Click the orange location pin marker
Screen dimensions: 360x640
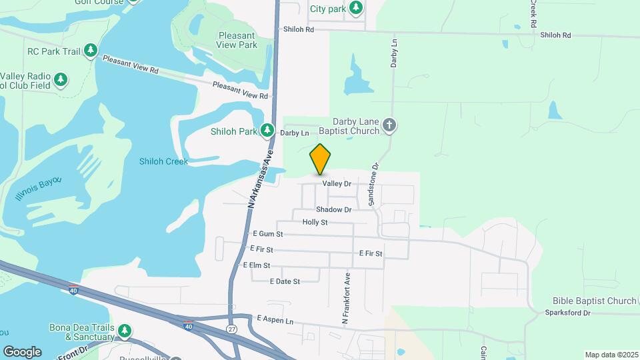(320, 159)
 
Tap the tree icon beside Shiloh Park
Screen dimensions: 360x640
(268, 131)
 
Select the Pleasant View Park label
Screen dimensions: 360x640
(237, 40)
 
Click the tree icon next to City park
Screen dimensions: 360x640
(357, 8)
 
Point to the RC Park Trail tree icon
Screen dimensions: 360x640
(91, 51)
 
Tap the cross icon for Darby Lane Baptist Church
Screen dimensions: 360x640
(389, 125)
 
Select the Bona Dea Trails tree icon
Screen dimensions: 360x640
(124, 331)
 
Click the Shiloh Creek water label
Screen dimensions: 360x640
(163, 161)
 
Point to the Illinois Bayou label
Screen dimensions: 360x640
(38, 189)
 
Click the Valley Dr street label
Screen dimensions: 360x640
(337, 183)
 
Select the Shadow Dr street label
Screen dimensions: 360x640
(333, 209)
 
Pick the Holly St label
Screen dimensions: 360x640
(315, 222)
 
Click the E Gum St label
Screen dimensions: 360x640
(269, 234)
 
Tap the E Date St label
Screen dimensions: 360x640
(285, 281)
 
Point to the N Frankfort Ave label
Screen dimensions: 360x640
(346, 298)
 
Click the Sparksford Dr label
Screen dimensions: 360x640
(568, 312)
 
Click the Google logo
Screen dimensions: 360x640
(22, 352)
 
